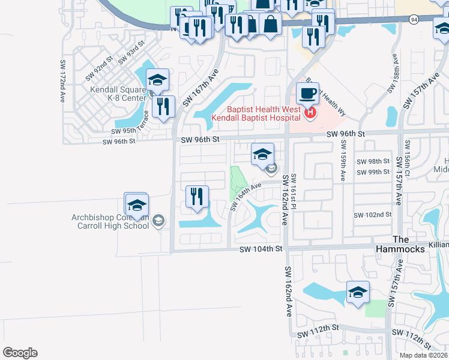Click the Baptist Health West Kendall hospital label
pyautogui.click(x=256, y=113)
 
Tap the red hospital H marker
pyautogui.click(x=310, y=112)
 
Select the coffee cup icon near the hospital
pyautogui.click(x=308, y=94)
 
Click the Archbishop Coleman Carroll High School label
pyautogui.click(x=109, y=221)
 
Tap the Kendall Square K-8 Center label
pyautogui.click(x=118, y=94)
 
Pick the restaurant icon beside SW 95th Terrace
pyautogui.click(x=163, y=107)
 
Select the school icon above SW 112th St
pyautogui.click(x=358, y=292)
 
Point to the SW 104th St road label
pyautogui.click(x=261, y=249)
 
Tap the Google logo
pyautogui.click(x=20, y=353)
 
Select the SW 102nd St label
pyautogui.click(x=372, y=215)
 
